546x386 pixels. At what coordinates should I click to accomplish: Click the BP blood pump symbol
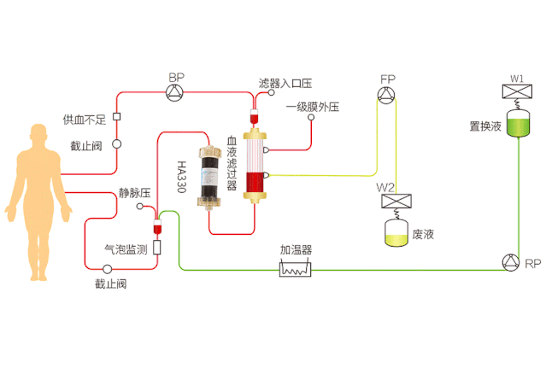[176, 92]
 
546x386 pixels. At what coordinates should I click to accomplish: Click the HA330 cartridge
[209, 178]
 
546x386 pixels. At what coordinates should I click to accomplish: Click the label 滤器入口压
[285, 84]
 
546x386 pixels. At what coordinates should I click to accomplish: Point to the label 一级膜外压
[313, 107]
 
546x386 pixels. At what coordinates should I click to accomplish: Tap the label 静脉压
[135, 194]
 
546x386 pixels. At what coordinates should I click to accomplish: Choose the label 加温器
[296, 250]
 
